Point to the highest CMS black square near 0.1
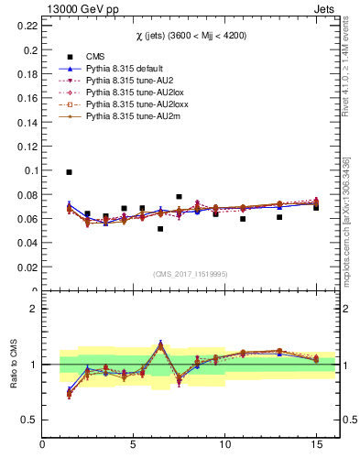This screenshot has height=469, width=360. click(x=69, y=172)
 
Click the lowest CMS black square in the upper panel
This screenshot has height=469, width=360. click(x=160, y=229)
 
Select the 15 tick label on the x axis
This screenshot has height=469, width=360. click(x=315, y=446)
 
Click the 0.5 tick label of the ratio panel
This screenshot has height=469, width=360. click(x=30, y=420)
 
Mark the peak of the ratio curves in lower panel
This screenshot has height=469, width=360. click(x=160, y=344)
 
